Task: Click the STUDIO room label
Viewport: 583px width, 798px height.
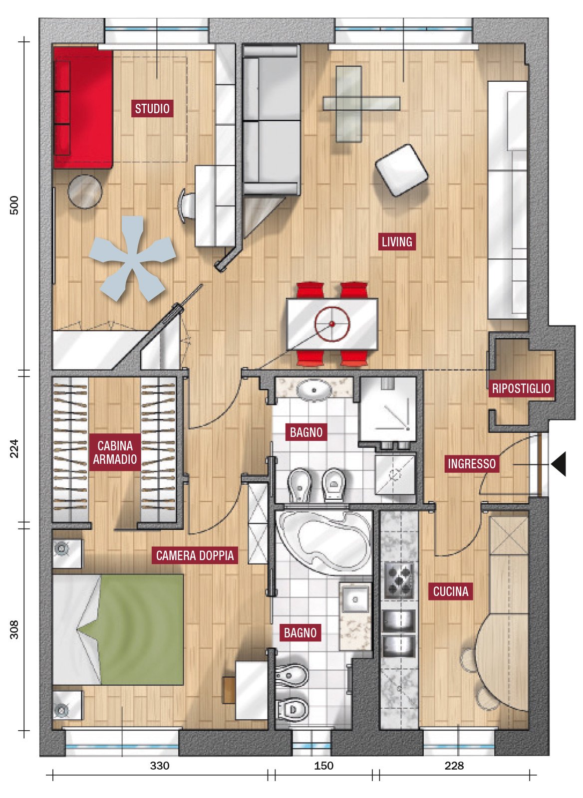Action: tap(152, 108)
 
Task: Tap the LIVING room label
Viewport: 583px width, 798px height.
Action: tap(397, 241)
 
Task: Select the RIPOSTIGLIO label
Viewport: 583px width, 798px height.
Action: tap(521, 388)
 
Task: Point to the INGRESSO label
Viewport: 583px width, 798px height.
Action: tap(472, 463)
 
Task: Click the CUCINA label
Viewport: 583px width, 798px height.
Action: tap(451, 591)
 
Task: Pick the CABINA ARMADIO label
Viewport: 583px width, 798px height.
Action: tap(115, 452)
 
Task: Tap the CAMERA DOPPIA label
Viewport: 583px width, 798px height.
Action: tap(195, 555)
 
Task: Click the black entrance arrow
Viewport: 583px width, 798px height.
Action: tap(559, 464)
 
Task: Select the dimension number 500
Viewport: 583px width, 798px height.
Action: tap(14, 205)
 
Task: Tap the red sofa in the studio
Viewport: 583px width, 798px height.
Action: tap(83, 108)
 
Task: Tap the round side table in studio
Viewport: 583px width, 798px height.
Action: tap(85, 192)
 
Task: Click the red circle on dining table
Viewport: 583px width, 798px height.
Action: tap(332, 324)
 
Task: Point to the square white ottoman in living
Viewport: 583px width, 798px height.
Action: tap(401, 170)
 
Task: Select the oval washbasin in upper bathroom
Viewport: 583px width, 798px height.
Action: tap(314, 390)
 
